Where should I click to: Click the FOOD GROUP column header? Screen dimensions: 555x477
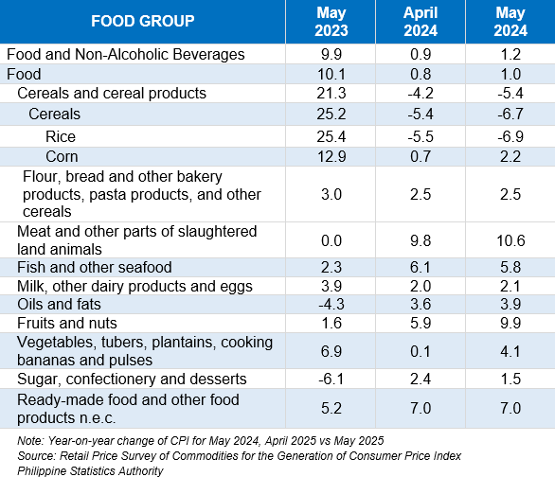click(143, 21)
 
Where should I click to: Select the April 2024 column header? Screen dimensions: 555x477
click(421, 22)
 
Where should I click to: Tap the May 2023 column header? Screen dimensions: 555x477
click(331, 22)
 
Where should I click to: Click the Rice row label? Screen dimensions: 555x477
click(61, 137)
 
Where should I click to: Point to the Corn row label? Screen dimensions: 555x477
click(62, 157)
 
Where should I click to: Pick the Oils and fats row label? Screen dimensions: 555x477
click(59, 305)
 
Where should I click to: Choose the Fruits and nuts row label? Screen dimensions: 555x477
click(67, 323)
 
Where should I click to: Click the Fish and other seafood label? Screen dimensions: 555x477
click(94, 267)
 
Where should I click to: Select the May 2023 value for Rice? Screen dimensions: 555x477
click(331, 137)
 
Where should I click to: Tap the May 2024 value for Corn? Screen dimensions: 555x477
click(510, 157)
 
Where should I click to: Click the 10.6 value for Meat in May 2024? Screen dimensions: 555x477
click(510, 240)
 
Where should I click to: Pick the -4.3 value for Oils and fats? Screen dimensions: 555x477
click(331, 305)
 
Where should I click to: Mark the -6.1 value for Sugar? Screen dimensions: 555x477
click(331, 380)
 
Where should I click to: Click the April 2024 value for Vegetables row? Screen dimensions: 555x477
click(421, 351)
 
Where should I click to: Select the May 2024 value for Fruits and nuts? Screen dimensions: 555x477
click(510, 323)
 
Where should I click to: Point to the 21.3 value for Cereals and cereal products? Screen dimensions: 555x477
click(331, 94)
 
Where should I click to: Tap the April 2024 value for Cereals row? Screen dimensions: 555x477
click(421, 115)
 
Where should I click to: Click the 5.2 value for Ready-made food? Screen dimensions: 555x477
click(331, 409)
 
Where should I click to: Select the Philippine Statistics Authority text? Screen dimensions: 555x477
click(90, 471)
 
